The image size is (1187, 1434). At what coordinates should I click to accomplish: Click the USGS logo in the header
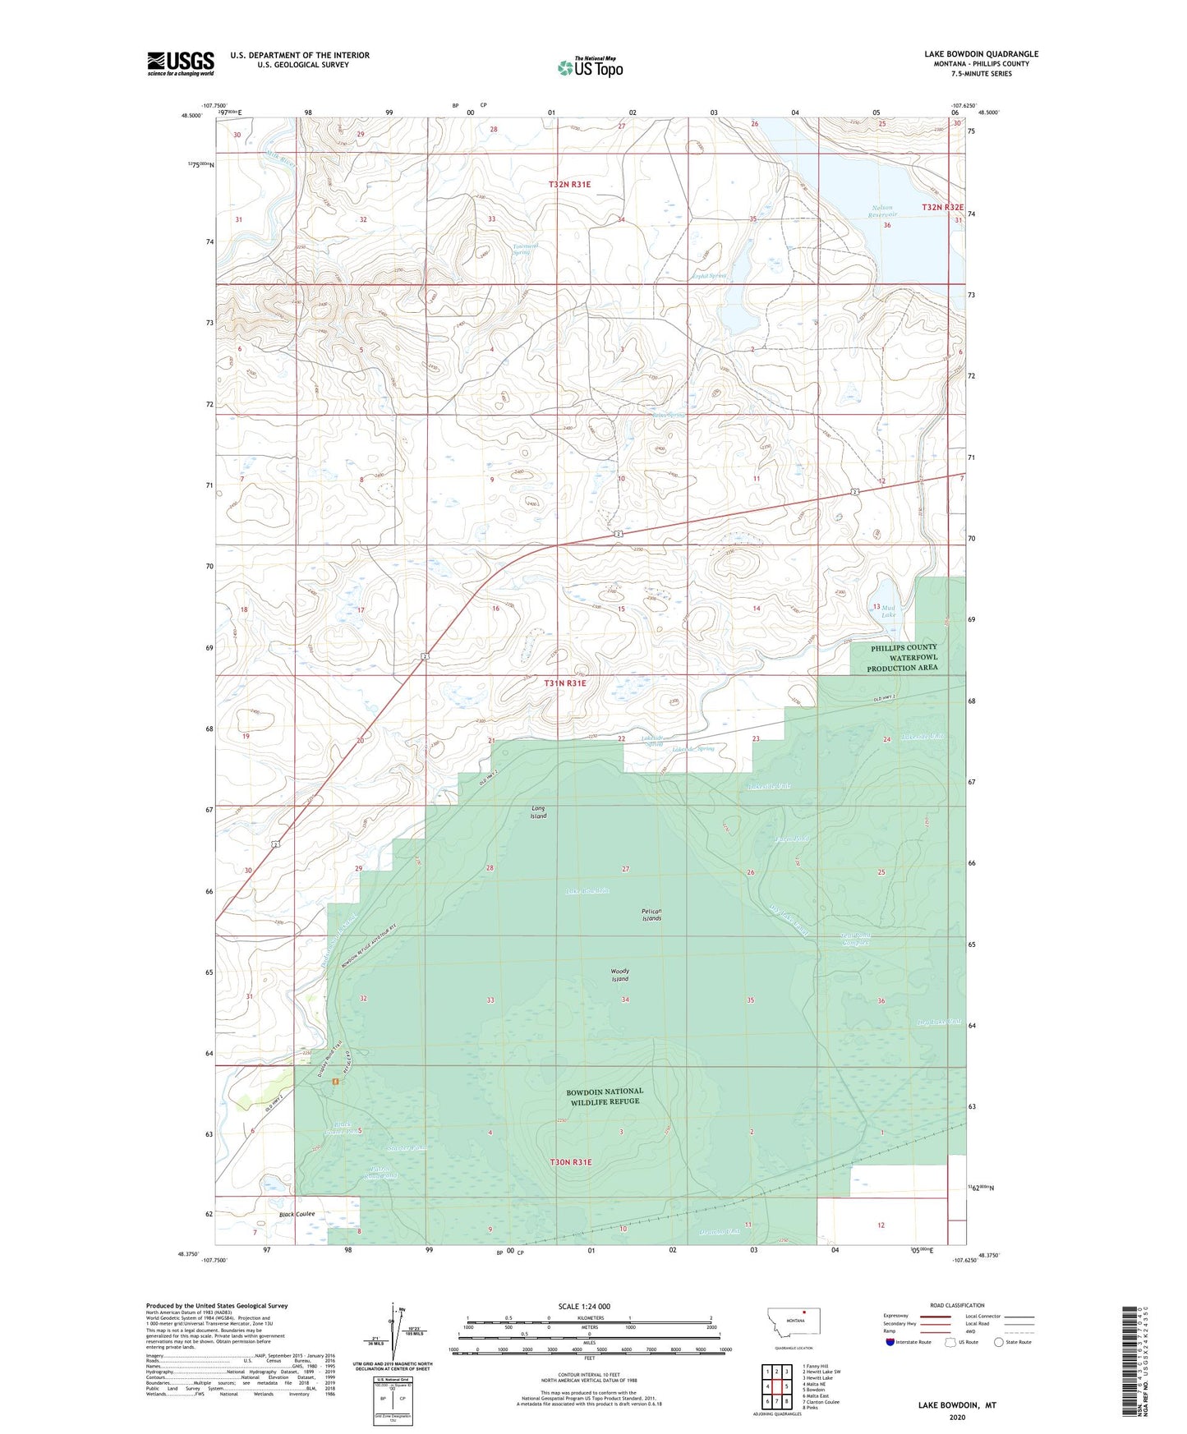pos(180,63)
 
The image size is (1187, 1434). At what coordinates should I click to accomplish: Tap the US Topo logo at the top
pos(589,67)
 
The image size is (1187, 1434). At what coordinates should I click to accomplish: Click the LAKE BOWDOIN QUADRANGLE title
pos(981,54)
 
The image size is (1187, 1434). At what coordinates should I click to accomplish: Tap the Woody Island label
pos(620,975)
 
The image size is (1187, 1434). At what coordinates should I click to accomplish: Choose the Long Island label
pos(538,812)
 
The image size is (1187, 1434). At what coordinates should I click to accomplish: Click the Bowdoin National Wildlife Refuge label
pos(605,1096)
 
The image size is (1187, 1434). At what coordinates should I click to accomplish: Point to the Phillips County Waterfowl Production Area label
pos(902,658)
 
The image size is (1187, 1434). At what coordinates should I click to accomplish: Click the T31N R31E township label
pos(567,683)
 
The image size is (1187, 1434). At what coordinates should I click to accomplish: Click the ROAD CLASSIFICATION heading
pos(957,1305)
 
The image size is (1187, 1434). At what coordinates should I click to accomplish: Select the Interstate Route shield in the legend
pos(893,1342)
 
